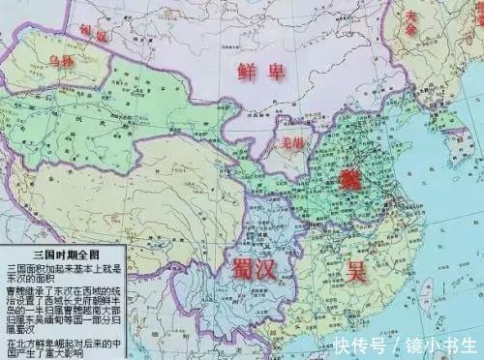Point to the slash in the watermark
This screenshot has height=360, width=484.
395,345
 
